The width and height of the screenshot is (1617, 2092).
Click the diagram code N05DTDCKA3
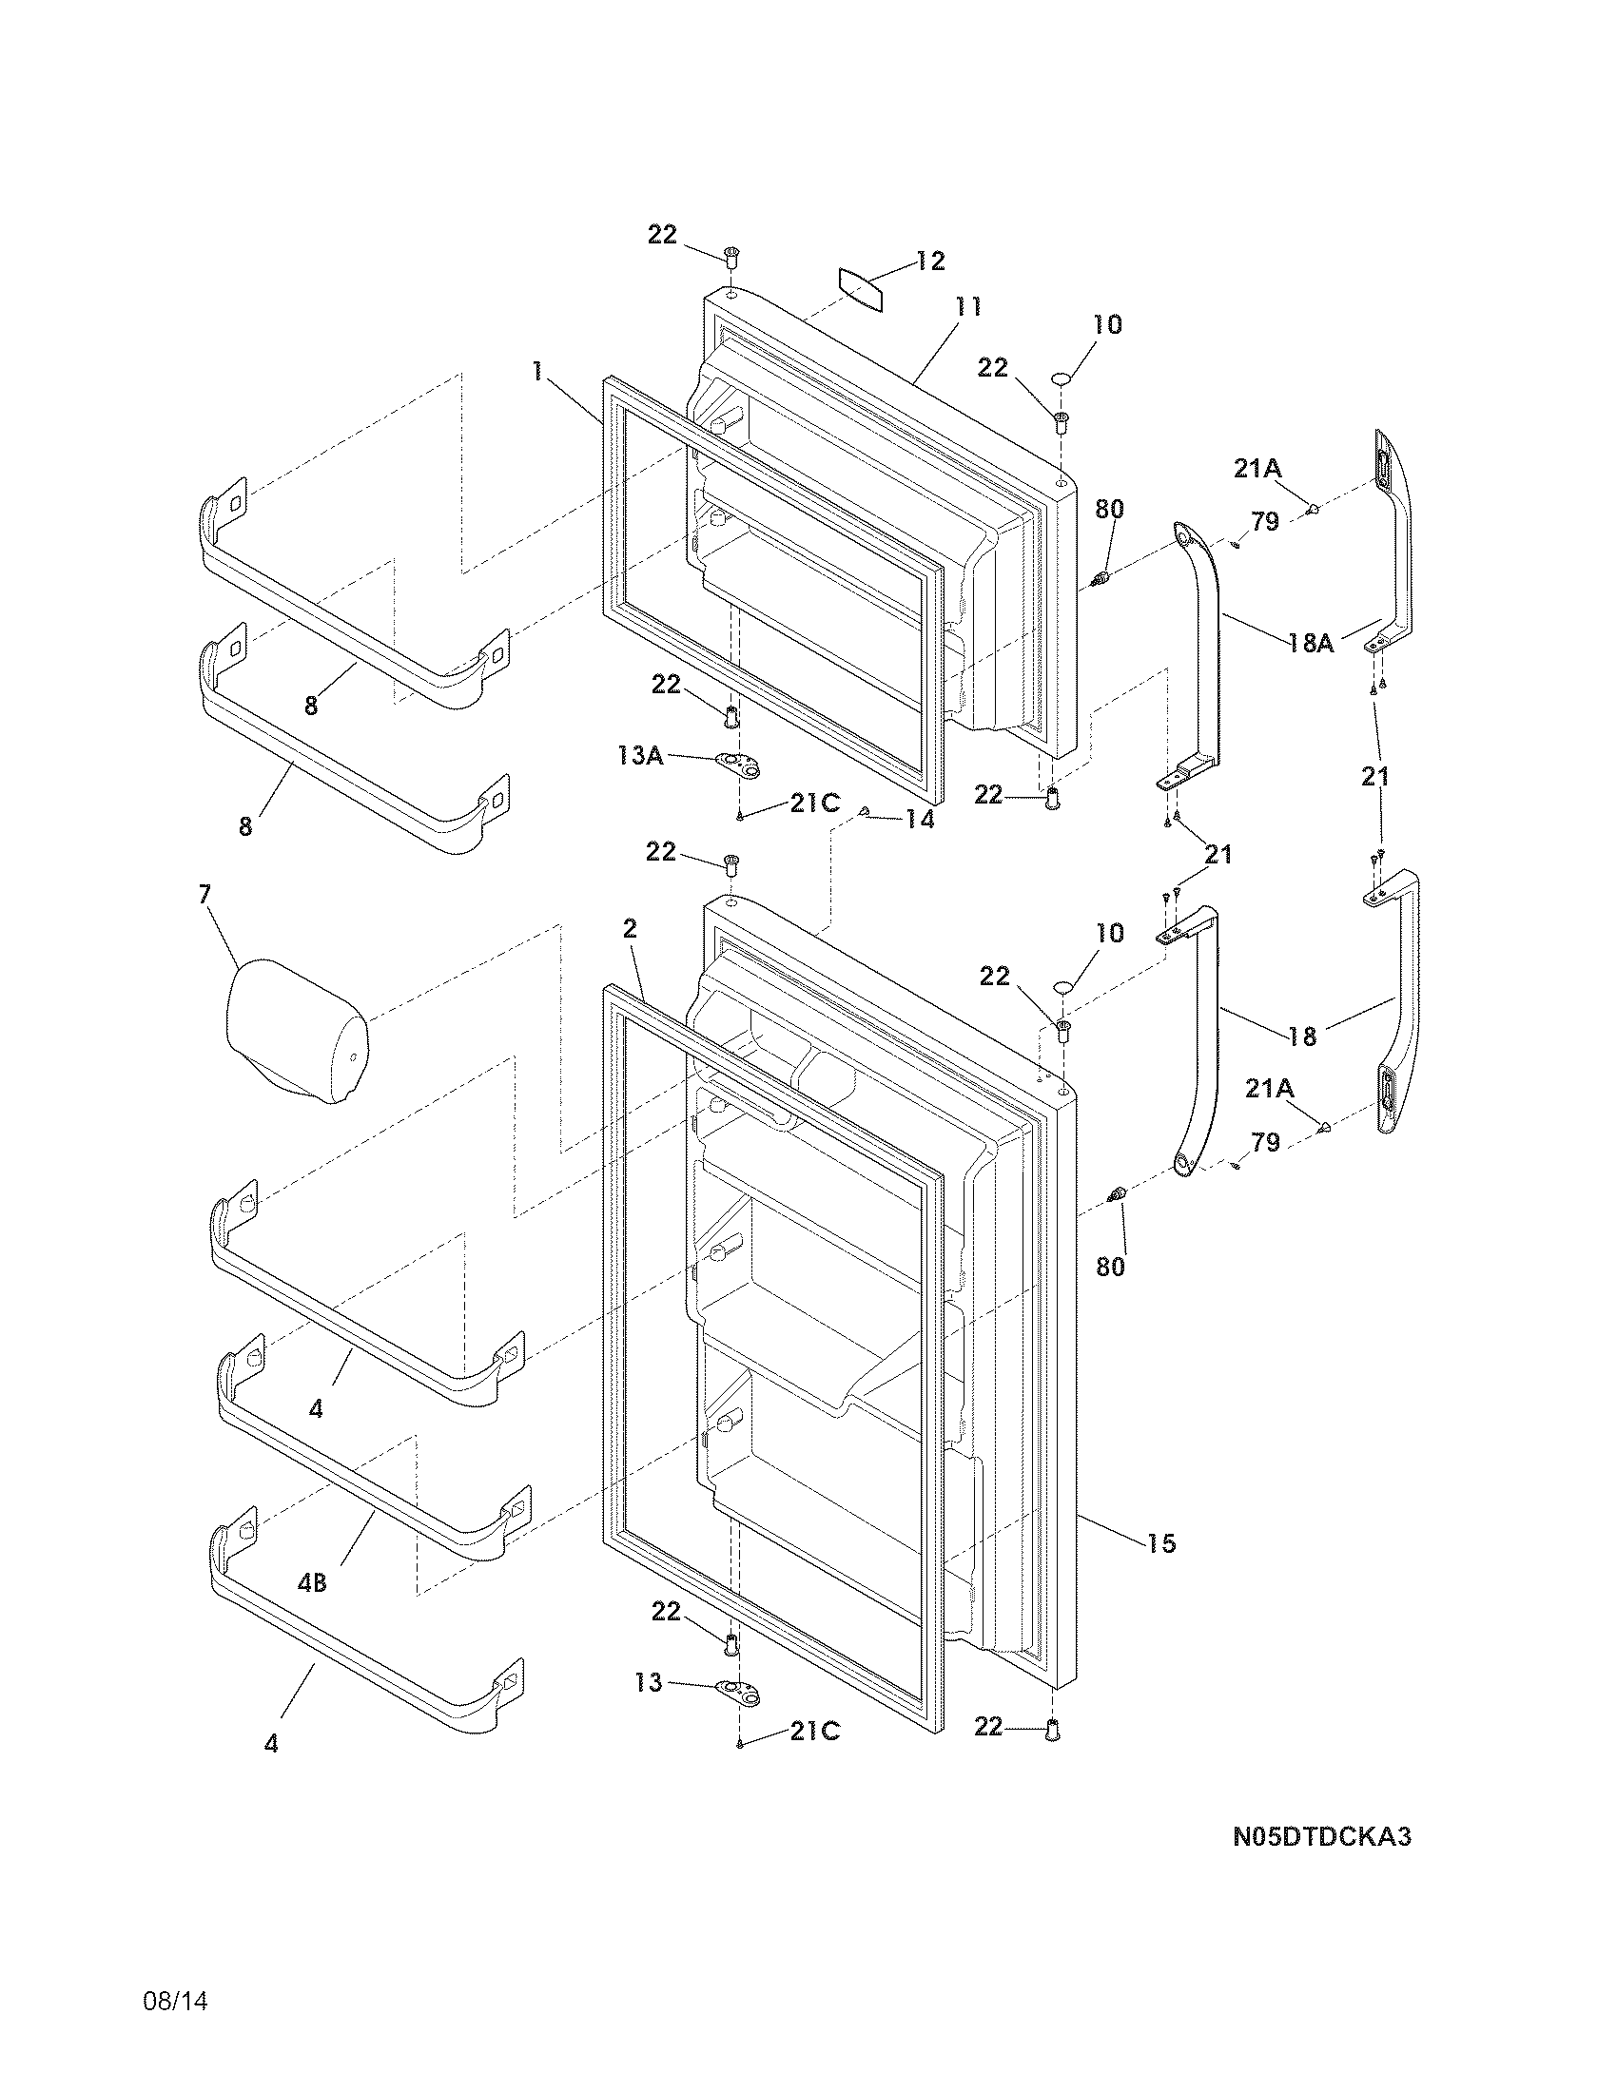click(1321, 1863)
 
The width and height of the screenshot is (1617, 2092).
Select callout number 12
click(929, 261)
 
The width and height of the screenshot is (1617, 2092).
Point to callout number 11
click(967, 306)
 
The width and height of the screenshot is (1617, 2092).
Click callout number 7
click(205, 894)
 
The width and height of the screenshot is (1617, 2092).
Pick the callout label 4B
click(311, 1583)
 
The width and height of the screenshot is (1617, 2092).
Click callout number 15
click(1161, 1543)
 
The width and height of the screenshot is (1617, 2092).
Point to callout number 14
click(920, 820)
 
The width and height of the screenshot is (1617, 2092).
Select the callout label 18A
click(1311, 643)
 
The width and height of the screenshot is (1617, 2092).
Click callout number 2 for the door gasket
click(630, 928)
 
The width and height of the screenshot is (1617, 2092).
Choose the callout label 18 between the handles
click(1302, 1036)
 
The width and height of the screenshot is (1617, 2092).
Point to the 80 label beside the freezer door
click(1109, 509)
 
